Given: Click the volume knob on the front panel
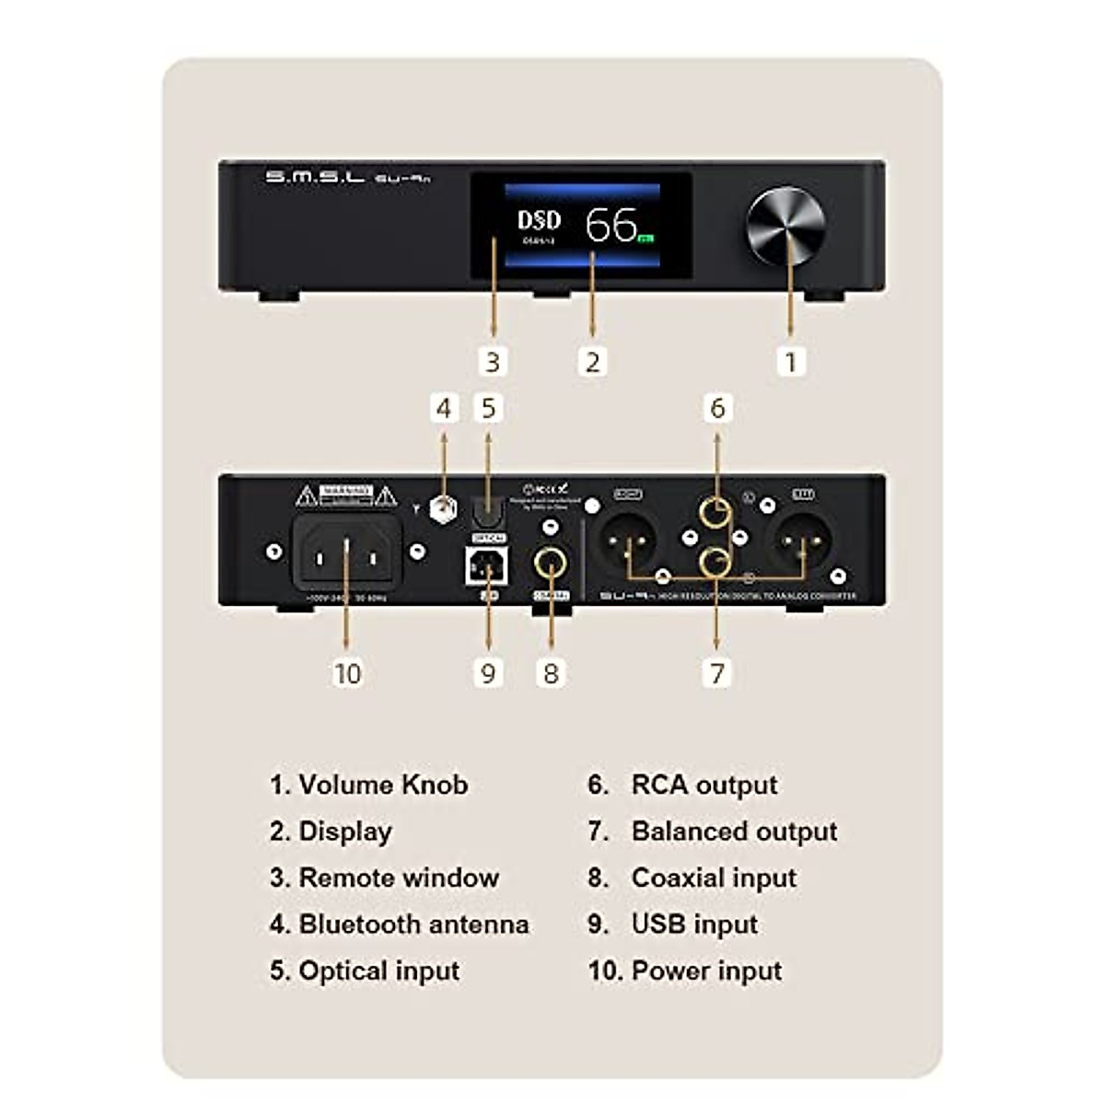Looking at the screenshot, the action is (x=785, y=226).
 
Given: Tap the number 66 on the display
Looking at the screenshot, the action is (x=611, y=224).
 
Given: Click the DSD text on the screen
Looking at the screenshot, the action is (x=539, y=219).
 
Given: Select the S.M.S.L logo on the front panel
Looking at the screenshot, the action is (x=315, y=177).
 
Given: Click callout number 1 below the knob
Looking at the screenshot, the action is (x=790, y=361).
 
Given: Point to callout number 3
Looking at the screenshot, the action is (x=493, y=361).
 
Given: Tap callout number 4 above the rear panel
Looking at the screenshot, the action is (x=445, y=408).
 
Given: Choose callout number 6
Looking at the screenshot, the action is (x=717, y=408).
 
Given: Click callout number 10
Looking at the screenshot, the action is (x=347, y=673).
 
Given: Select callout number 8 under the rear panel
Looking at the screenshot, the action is (x=551, y=673).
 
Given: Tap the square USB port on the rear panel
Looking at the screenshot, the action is (x=487, y=566).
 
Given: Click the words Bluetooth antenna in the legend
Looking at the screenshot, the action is (x=413, y=924).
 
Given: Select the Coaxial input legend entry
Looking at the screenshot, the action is (x=714, y=878).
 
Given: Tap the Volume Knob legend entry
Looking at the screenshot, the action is (x=383, y=785).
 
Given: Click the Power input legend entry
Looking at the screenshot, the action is (x=706, y=971).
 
